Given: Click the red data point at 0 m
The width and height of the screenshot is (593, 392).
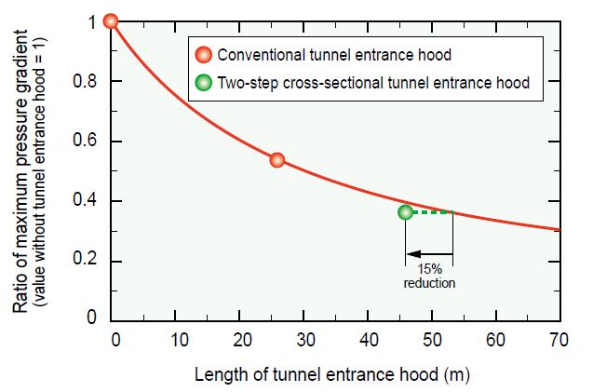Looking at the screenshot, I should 111,21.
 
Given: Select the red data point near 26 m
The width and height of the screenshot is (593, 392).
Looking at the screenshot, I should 276,160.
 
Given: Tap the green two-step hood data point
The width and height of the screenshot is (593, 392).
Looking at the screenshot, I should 405,212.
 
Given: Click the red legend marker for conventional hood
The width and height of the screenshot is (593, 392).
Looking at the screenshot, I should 204,55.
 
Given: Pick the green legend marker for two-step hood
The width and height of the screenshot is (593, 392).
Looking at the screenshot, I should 204,83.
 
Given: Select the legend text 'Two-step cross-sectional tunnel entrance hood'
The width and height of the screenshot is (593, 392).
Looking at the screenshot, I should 372,83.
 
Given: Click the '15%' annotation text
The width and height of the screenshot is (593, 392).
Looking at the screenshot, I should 430,269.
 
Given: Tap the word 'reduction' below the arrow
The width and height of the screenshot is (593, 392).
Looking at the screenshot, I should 429,282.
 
